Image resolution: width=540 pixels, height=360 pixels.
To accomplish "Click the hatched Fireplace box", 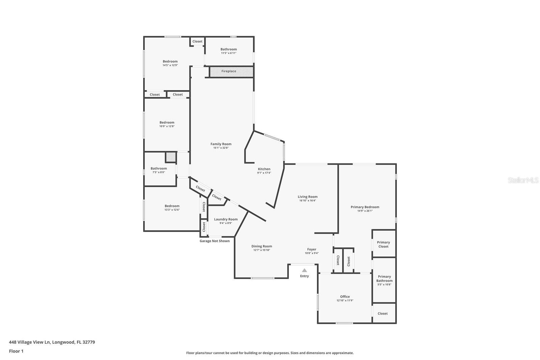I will click(x=231, y=72).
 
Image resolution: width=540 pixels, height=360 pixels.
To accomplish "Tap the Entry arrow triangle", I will click(x=304, y=270).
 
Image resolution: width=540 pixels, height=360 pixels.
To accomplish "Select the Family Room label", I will click(x=221, y=144).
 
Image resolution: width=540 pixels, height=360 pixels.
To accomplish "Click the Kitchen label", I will click(x=264, y=169).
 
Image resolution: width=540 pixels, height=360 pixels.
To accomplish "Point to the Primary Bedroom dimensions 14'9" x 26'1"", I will click(x=365, y=211).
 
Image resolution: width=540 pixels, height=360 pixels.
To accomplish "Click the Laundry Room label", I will click(x=226, y=220).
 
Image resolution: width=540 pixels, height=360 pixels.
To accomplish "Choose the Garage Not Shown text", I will click(x=215, y=241).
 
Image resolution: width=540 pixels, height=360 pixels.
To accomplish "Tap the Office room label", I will click(x=345, y=297).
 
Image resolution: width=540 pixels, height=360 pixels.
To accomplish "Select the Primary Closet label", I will click(x=383, y=245).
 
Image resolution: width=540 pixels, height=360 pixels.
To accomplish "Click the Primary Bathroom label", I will click(x=384, y=279).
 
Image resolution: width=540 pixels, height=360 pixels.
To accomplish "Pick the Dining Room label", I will click(x=262, y=247).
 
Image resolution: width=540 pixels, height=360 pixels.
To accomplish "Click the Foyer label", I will click(x=312, y=250).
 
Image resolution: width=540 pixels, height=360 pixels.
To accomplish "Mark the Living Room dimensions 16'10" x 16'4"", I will click(x=307, y=201).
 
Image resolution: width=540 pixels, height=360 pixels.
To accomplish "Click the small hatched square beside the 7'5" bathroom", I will click(x=171, y=157).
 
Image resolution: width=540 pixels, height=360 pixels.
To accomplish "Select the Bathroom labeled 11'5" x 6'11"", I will click(x=228, y=49).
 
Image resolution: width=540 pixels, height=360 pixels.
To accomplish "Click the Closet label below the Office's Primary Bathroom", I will click(x=382, y=314).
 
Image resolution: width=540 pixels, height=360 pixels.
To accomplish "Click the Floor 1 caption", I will click(x=16, y=351).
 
